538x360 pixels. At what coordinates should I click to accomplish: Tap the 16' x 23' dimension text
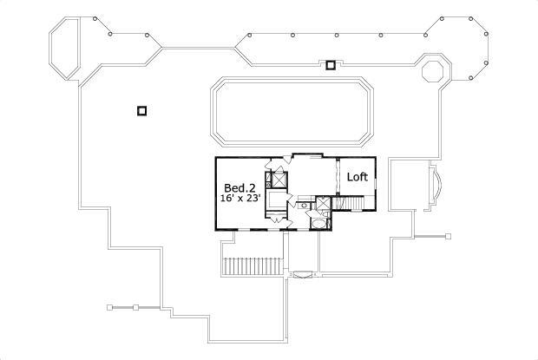click(240, 199)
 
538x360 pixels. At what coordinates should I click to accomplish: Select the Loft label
click(358, 177)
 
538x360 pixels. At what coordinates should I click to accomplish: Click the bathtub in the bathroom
click(318, 224)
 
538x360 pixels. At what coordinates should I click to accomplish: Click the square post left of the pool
click(142, 110)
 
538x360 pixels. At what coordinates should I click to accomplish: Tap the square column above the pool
click(330, 63)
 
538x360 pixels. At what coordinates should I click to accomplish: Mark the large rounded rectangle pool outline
click(292, 113)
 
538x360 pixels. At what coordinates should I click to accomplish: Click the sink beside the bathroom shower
click(305, 206)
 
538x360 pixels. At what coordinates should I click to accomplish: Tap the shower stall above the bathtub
click(323, 206)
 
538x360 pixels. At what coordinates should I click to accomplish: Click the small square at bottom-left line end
click(108, 307)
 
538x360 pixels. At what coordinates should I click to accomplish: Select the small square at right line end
click(449, 235)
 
